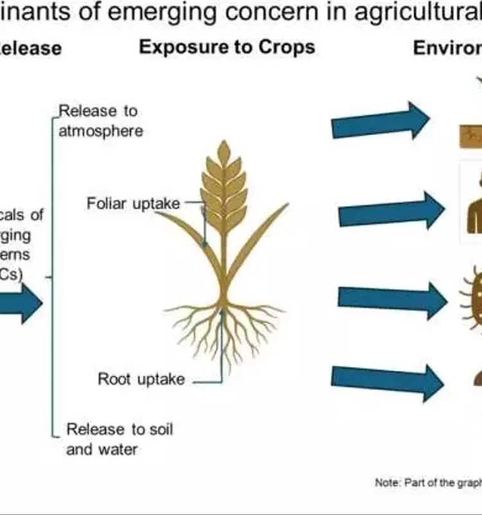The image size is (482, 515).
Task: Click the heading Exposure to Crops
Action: tap(227, 48)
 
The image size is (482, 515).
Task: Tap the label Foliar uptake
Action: tap(134, 204)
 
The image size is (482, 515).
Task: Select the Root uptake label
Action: tap(141, 379)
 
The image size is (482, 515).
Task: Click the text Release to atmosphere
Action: tap(100, 121)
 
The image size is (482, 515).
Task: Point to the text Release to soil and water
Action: tap(119, 438)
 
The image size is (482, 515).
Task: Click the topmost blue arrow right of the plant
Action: tap(380, 120)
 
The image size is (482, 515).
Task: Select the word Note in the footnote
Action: tap(387, 483)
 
